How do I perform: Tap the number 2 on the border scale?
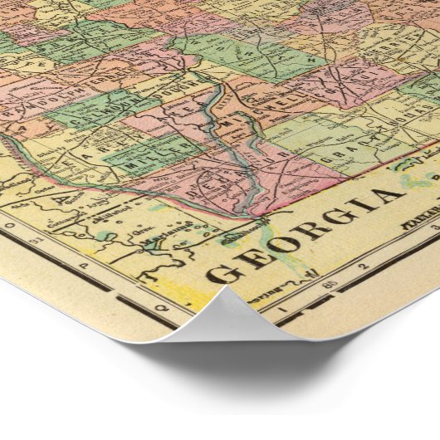coord(363,266)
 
